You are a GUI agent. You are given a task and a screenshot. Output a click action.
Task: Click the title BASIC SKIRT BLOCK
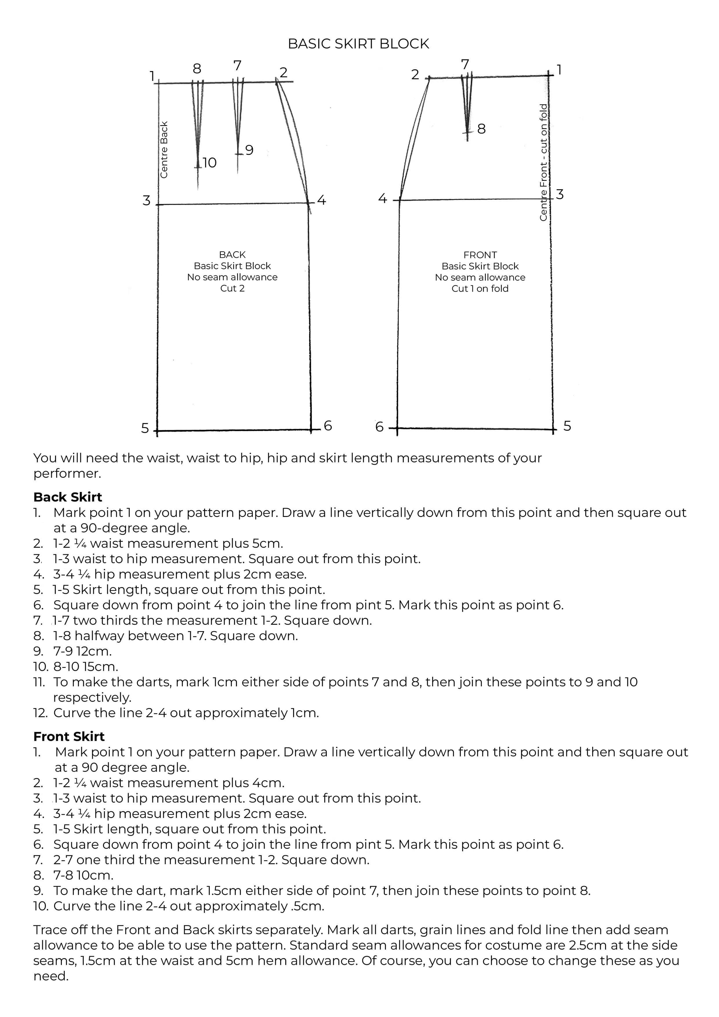point(358,44)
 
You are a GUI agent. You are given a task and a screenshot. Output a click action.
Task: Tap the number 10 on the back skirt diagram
point(210,163)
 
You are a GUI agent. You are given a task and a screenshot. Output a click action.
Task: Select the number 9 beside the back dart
point(249,150)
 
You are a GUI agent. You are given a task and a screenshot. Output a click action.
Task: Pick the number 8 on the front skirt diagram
point(482,129)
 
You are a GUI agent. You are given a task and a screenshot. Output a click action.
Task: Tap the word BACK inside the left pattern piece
point(232,255)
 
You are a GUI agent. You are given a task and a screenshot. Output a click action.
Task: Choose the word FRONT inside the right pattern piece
point(480,255)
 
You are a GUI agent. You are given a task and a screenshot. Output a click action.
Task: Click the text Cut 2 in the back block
point(232,288)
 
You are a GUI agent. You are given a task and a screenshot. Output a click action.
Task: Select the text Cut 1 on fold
point(480,289)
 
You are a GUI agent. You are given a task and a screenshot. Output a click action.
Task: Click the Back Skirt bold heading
point(68,497)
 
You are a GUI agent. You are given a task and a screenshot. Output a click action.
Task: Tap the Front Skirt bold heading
point(69,737)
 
